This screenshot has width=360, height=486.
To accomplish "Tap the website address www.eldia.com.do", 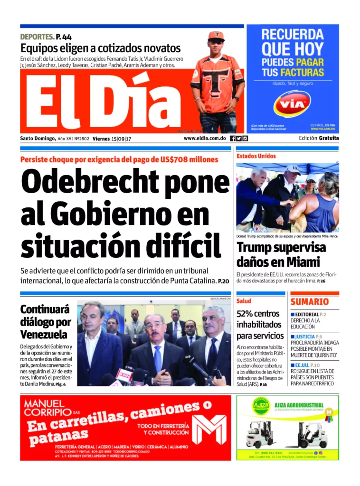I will pos(204,138).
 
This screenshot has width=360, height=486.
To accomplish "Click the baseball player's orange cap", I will pos(216,36).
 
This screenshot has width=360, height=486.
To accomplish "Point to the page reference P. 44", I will pos(64,37).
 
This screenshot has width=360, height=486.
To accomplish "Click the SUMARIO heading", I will pos(309,302).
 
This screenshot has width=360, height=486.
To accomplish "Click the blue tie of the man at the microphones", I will pos(158,358).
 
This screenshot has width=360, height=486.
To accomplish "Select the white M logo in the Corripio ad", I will pos(208,429).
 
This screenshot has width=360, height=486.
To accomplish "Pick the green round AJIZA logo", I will pos(261,406).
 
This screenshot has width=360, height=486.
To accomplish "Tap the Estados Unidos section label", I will pos(256,156).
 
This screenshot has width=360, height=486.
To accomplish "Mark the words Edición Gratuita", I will pos(319,138).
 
